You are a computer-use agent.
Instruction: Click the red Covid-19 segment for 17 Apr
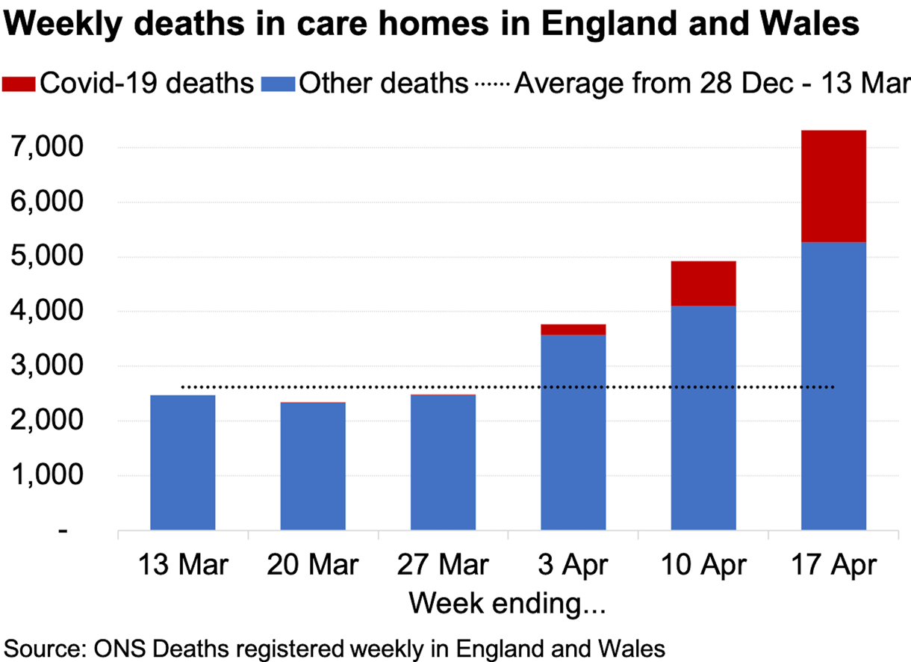[x=833, y=186]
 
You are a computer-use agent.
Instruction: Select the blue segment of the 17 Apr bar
[x=833, y=386]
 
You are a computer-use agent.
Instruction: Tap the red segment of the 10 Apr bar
[x=703, y=283]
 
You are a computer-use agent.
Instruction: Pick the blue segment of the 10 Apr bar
[x=703, y=418]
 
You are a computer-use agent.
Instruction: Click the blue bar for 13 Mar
[x=183, y=463]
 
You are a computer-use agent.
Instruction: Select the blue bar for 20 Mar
[x=313, y=466]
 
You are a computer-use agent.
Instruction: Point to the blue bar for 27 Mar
[x=443, y=463]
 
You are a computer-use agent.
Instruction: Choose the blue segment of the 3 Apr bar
[x=573, y=433]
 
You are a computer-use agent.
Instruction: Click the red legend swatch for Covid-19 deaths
[x=19, y=82]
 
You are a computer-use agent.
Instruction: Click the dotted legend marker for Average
[x=491, y=84]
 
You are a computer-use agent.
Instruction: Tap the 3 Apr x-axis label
[x=573, y=566]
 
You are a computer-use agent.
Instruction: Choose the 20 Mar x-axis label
[x=313, y=566]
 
